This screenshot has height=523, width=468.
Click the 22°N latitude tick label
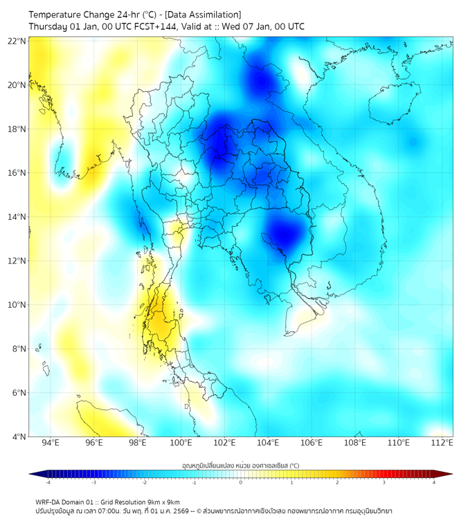point(17,41)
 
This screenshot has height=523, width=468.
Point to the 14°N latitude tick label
point(17,217)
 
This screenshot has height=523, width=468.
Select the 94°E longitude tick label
point(51,443)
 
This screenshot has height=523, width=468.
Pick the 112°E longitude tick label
point(442,443)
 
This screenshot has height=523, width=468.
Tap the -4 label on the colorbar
point(47,482)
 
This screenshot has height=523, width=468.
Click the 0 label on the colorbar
point(241,482)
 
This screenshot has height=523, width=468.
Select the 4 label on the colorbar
point(434,482)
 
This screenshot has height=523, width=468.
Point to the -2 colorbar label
point(143,482)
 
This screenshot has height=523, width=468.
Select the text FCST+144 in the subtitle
point(160,26)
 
